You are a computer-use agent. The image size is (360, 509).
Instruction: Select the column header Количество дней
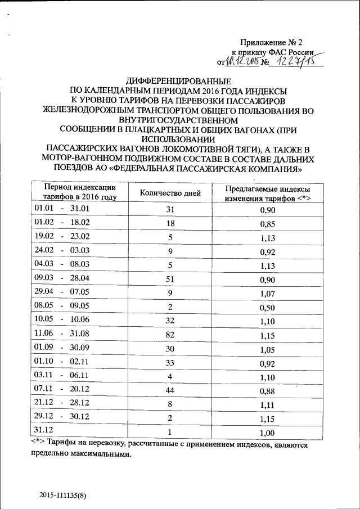(170, 193)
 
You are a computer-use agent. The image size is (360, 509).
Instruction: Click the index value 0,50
(267, 307)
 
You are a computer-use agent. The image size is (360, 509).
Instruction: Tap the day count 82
(170, 335)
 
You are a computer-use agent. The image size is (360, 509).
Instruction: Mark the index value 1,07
(267, 293)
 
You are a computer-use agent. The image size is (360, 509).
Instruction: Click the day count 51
(170, 279)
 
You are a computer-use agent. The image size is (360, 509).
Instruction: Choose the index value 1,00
(267, 433)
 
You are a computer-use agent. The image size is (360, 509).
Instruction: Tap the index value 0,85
(267, 224)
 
